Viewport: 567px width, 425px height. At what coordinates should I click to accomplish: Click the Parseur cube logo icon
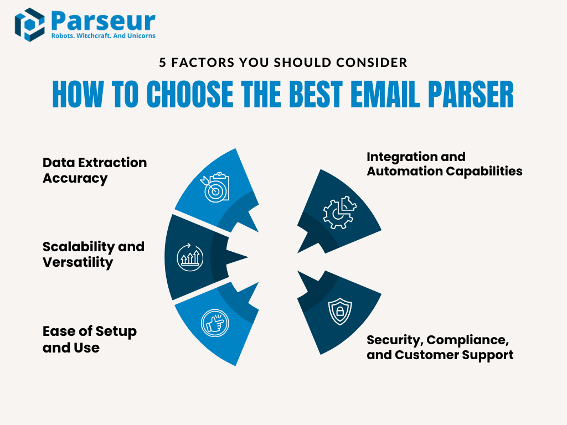pos(29,24)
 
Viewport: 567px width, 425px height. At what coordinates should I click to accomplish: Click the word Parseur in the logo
pos(102,20)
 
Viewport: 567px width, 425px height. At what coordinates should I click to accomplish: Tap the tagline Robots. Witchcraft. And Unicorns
pos(103,36)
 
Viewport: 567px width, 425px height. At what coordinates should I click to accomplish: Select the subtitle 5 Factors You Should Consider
pos(283,63)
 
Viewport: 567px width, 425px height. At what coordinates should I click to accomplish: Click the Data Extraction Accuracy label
pos(95,170)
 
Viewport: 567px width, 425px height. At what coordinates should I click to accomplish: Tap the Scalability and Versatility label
pos(94,254)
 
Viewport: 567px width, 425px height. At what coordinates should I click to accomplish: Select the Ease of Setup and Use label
pos(90,339)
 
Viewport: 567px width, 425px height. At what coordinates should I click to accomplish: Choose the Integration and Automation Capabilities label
pos(444,164)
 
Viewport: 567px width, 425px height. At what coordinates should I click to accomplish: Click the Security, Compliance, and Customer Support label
pos(440,347)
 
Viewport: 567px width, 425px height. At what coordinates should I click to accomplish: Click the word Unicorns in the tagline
pos(141,36)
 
